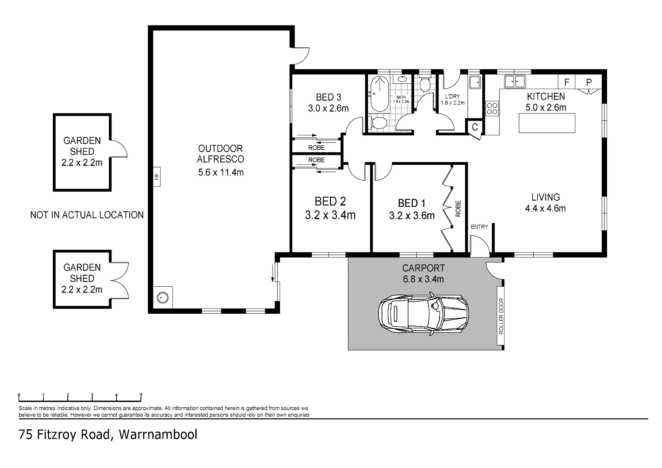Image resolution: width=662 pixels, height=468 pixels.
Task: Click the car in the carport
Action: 424,313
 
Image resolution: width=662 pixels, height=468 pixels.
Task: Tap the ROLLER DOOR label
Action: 501,316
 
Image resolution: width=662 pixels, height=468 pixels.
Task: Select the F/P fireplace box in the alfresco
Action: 157,176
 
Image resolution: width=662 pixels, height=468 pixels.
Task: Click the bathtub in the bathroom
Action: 379,94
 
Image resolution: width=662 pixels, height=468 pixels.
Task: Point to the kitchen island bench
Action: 547,123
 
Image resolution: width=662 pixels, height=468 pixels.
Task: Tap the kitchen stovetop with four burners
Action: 492,109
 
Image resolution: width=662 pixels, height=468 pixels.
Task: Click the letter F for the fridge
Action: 567,82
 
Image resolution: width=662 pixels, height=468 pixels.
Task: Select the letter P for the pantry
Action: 589,82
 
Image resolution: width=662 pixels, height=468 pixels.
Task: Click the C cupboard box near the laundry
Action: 475,127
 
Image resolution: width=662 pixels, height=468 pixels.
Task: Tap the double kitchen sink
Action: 515,81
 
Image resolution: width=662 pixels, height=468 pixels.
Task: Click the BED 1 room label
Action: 412,203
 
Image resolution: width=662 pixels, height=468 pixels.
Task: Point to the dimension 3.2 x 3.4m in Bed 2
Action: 330,215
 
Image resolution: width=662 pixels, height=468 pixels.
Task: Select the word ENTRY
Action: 479,227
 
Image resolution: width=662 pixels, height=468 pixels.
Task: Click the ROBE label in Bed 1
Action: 458,209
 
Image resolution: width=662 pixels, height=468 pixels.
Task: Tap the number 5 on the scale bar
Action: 141,395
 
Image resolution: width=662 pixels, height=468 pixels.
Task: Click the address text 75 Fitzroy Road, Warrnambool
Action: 108,434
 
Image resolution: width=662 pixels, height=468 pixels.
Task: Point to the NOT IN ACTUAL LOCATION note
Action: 87,215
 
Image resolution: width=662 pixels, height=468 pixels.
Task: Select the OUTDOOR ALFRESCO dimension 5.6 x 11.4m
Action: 221,172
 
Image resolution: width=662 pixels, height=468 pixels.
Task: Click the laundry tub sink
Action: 475,82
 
